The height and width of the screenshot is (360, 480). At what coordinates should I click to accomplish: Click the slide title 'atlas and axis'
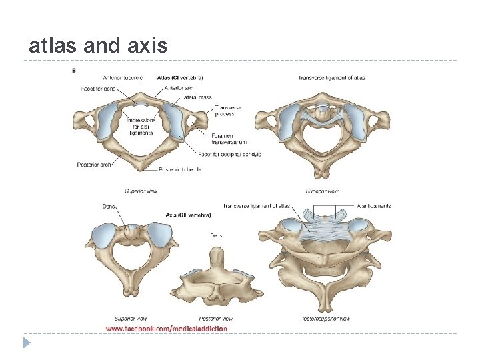98,45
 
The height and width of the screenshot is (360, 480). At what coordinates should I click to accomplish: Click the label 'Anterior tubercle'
123,78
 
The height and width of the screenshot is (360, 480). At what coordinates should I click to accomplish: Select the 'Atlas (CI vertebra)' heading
180,78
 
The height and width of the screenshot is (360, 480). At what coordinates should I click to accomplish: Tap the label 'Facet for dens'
97,88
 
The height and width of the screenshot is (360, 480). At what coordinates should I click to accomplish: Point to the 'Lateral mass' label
196,97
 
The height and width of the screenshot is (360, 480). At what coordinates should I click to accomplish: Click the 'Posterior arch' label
93,165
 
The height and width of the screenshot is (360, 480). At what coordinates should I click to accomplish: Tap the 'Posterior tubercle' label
181,169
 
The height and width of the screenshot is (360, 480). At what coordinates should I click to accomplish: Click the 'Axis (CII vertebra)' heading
188,215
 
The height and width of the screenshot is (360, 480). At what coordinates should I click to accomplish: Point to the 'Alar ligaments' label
374,206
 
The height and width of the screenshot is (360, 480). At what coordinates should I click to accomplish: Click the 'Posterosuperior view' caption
325,319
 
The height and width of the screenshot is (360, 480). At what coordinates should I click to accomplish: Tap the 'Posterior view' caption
216,319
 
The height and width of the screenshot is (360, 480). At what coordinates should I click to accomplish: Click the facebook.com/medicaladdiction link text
166,328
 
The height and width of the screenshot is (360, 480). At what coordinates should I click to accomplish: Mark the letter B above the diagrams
73,69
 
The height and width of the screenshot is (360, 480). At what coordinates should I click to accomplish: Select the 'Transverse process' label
228,111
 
